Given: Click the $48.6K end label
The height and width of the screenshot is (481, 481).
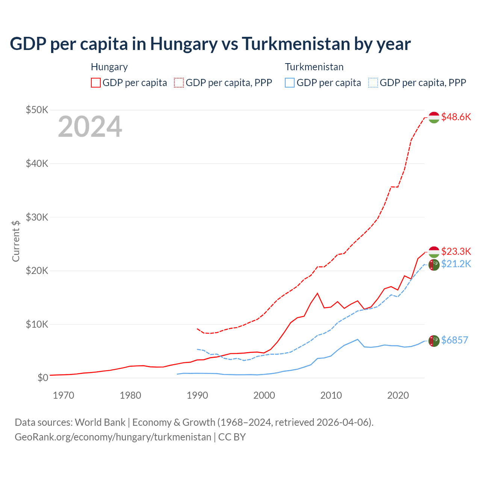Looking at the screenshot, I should pyautogui.click(x=456, y=117).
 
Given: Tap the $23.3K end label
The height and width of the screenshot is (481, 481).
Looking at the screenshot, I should pyautogui.click(x=456, y=251).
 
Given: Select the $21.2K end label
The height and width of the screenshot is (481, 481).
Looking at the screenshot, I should pyautogui.click(x=456, y=264).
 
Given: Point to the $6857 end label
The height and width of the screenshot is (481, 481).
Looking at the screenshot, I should pyautogui.click(x=454, y=340).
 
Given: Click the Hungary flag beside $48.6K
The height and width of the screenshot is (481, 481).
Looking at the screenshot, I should pyautogui.click(x=434, y=117).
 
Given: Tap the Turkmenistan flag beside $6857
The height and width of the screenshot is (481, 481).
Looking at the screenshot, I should pyautogui.click(x=434, y=340).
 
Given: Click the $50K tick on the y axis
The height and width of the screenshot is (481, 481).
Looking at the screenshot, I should pyautogui.click(x=37, y=110).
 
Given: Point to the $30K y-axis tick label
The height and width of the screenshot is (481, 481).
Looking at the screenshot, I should pyautogui.click(x=37, y=217).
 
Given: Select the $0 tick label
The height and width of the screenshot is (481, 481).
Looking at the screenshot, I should pyautogui.click(x=43, y=378).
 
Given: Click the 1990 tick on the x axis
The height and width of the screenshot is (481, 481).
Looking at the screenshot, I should pyautogui.click(x=197, y=395).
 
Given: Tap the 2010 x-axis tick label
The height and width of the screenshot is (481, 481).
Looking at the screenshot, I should pyautogui.click(x=331, y=395).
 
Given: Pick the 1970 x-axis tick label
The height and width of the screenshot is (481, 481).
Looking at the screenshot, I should pyautogui.click(x=64, y=395).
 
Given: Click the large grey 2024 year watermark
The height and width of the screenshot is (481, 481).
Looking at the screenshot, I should pyautogui.click(x=90, y=127).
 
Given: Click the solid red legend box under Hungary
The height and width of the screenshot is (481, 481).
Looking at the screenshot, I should pyautogui.click(x=96, y=83).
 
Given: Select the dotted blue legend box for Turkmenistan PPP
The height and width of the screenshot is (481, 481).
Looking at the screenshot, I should pyautogui.click(x=373, y=83).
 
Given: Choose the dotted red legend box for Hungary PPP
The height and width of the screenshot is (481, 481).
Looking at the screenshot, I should pyautogui.click(x=179, y=83).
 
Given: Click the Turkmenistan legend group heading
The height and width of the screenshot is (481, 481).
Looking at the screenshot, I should pyautogui.click(x=314, y=67).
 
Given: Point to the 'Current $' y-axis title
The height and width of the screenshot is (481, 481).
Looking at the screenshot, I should pyautogui.click(x=16, y=241).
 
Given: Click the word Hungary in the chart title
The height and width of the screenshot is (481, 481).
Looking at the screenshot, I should pyautogui.click(x=184, y=44).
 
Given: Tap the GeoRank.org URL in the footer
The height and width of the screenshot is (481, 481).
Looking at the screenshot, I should pyautogui.click(x=113, y=437).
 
